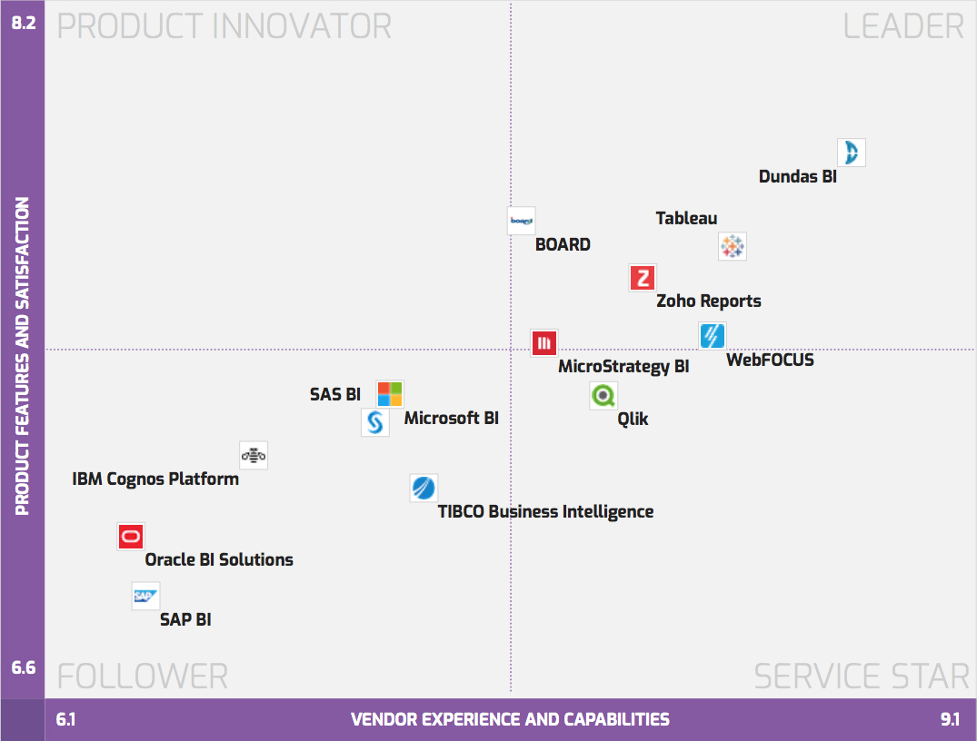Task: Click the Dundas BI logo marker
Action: tap(852, 153)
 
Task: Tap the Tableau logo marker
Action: tap(732, 246)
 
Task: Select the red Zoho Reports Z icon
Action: tap(643, 278)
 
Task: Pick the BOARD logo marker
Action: tap(521, 221)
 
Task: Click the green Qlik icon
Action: tap(603, 396)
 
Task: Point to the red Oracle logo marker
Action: tap(131, 537)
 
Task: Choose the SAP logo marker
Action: tap(145, 596)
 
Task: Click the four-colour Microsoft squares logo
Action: tap(390, 394)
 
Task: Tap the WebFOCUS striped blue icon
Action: tap(713, 336)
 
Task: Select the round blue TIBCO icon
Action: tap(423, 489)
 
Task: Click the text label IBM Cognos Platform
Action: tap(155, 479)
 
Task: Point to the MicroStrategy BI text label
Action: tap(623, 367)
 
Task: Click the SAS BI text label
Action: tap(335, 395)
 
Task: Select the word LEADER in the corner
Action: tap(903, 25)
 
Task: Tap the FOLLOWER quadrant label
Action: tap(142, 677)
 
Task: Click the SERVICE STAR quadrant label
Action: tap(862, 677)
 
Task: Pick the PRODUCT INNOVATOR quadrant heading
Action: tap(224, 25)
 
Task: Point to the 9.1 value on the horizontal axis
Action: tap(951, 720)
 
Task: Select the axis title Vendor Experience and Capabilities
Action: tap(510, 720)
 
